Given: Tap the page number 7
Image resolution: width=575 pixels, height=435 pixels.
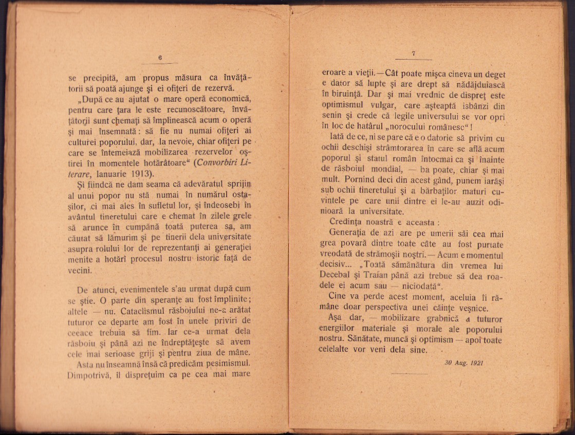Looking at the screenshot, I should tap(414, 53).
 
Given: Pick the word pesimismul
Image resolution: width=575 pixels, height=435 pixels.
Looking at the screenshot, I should tap(226, 363).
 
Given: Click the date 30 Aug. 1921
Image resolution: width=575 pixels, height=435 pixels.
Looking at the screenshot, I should tap(464, 363).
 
